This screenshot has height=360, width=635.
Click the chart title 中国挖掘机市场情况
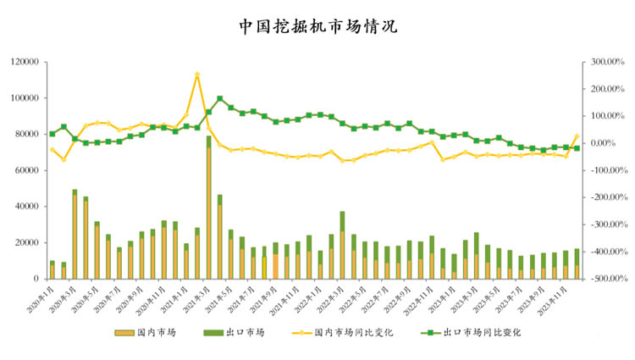coord(317,25)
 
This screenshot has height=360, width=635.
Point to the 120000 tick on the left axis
coord(26,62)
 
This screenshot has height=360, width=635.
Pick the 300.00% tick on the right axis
coord(607,62)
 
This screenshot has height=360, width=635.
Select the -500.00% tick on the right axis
coord(607,279)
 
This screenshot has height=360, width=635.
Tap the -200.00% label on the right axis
coord(607,197)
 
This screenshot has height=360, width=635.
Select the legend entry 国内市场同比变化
coord(351,333)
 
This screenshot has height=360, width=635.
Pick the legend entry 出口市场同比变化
coord(481,333)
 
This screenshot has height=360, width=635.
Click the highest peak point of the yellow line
coord(197,75)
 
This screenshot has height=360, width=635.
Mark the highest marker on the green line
coord(220,98)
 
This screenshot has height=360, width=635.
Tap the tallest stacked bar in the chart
coord(208,208)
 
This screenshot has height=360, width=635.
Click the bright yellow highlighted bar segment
coord(264,268)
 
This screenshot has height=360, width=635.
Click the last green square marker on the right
coord(577,148)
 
